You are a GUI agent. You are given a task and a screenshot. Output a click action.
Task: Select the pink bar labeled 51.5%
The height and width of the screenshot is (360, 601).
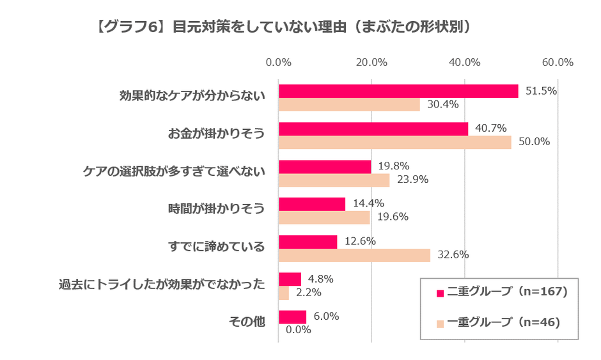[398, 91]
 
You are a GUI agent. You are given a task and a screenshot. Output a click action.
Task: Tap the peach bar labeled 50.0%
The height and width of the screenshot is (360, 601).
[394, 142]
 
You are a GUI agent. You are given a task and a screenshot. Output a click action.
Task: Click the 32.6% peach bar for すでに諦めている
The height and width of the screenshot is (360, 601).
[354, 254]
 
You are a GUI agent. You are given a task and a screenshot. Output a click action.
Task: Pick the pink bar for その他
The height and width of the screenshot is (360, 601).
[292, 317]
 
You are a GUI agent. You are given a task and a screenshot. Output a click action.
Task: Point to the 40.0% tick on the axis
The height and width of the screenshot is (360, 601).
[464, 62]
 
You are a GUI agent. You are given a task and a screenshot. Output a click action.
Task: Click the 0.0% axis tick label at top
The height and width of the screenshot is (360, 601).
[278, 62]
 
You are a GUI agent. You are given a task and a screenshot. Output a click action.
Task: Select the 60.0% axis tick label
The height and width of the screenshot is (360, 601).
[558, 62]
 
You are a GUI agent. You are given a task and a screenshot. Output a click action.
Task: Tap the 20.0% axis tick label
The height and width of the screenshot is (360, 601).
[371, 62]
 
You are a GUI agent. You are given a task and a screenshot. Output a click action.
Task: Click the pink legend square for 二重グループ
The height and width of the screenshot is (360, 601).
[440, 293]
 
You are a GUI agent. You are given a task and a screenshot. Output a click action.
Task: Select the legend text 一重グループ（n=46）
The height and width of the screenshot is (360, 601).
[504, 322]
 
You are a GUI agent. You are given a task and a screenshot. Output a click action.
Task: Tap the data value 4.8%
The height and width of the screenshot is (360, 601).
[321, 279]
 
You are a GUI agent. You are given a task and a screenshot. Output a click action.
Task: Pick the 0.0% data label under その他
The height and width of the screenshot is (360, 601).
[298, 330]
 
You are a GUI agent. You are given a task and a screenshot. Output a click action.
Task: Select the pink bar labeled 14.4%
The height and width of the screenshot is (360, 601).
[311, 204]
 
